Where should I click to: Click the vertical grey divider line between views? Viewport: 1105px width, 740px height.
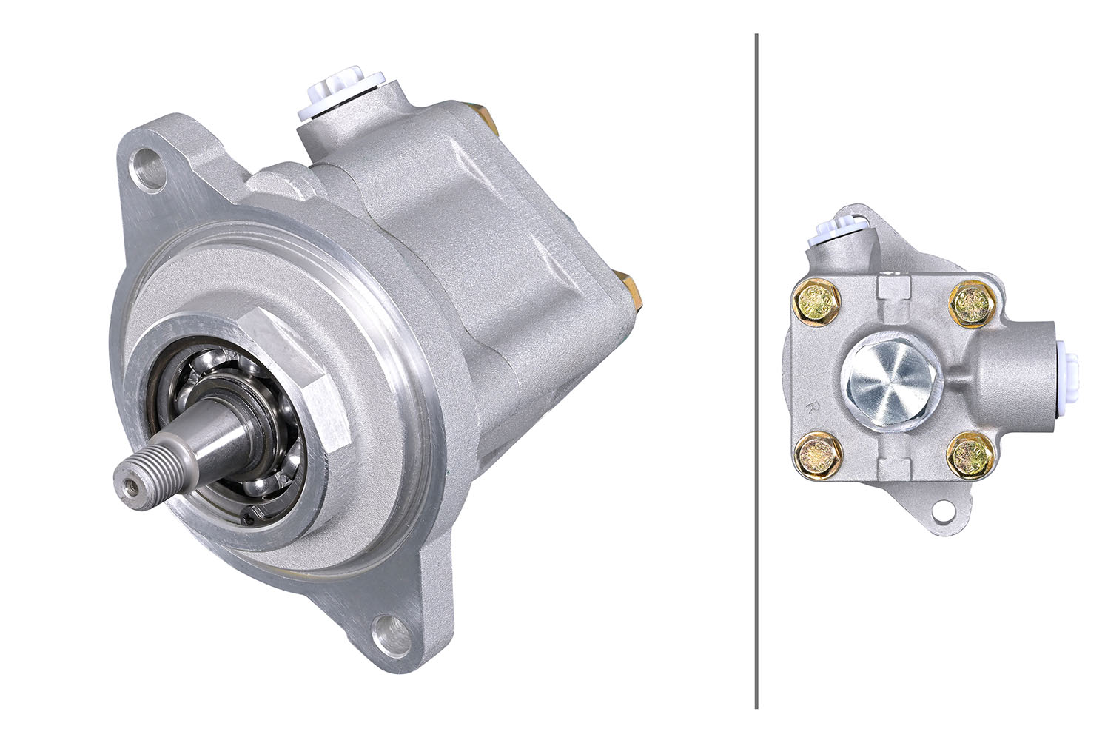pos(756,370)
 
